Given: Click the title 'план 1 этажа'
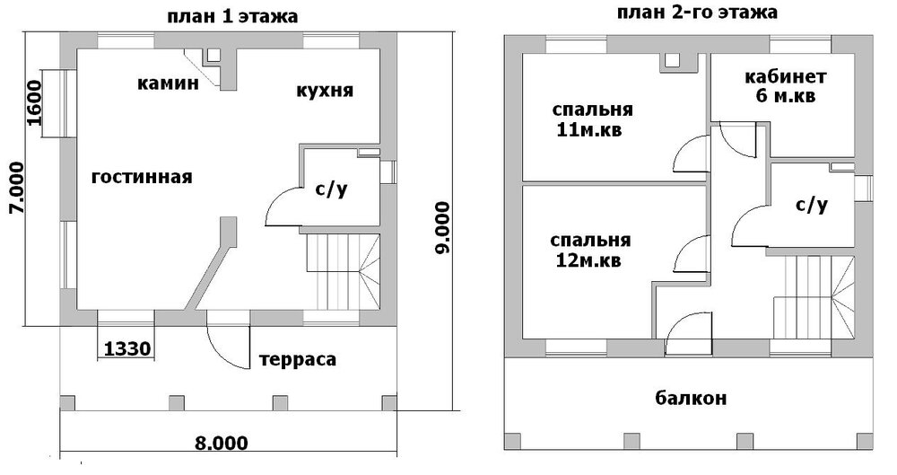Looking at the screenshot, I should [x=233, y=17].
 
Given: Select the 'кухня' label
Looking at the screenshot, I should [x=324, y=91].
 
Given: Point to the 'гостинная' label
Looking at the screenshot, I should [x=142, y=177].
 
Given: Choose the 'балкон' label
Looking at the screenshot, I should [x=690, y=398].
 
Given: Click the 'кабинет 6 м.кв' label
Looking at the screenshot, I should [x=785, y=86].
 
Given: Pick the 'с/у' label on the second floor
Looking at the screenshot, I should [x=811, y=205].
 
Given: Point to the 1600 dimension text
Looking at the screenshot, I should [x=34, y=104].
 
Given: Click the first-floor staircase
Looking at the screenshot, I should [x=343, y=268].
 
